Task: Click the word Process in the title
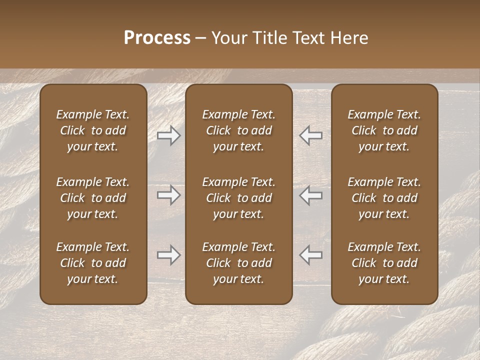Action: (x=157, y=38)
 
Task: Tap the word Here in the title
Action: (x=349, y=38)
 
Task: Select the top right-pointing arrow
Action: (x=168, y=135)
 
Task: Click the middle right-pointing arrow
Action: (x=168, y=195)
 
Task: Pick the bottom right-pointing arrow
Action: (x=168, y=255)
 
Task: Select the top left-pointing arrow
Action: (x=311, y=135)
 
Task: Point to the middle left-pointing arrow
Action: (x=311, y=195)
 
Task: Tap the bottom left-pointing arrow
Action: (x=311, y=255)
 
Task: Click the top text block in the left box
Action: (x=93, y=130)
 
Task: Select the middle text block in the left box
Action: (x=93, y=198)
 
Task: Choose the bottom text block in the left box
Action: (x=93, y=263)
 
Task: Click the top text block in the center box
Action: (x=239, y=130)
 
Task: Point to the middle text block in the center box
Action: (x=239, y=198)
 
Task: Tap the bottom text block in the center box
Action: (x=239, y=263)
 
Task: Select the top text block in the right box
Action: (x=384, y=130)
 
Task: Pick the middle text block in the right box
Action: (x=384, y=198)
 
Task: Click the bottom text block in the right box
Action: (x=384, y=263)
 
